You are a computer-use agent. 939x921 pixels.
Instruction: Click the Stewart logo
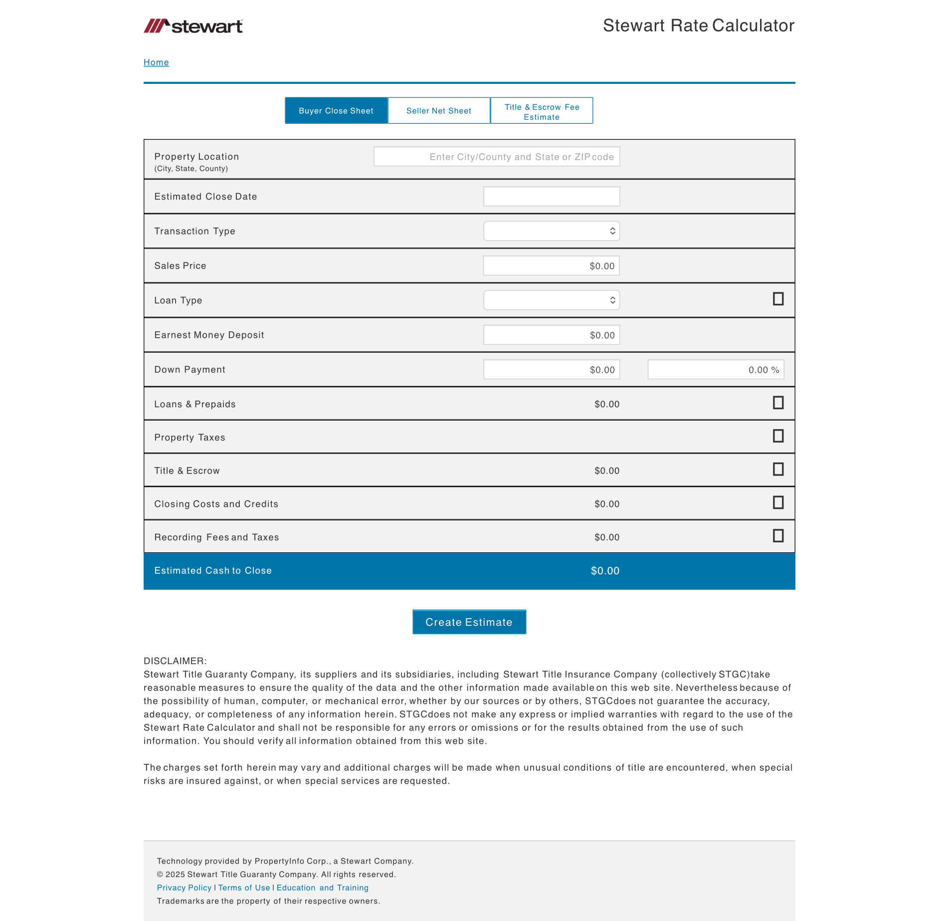[x=193, y=26]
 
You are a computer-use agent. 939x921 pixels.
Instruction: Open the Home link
[x=156, y=62]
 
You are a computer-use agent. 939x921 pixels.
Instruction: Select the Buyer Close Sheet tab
[x=336, y=111]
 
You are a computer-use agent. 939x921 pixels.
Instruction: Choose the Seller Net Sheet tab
[x=439, y=111]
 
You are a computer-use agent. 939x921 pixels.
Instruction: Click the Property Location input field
[x=497, y=157]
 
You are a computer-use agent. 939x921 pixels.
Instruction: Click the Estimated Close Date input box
[x=552, y=197]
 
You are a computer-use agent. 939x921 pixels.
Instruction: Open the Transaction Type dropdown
[x=552, y=231]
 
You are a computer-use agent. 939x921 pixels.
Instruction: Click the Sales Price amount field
[x=552, y=266]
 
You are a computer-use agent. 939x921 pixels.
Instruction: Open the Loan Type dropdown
[x=552, y=300]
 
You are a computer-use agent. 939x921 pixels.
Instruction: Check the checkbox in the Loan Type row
[x=778, y=299]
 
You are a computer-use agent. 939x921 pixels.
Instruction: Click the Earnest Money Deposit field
[x=552, y=335]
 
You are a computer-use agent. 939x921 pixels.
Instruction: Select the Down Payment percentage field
[x=716, y=370]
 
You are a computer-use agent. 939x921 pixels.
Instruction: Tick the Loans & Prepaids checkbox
[x=778, y=403]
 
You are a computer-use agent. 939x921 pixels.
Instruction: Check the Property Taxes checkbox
[x=778, y=436]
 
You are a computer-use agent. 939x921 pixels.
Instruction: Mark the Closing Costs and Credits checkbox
[x=778, y=502]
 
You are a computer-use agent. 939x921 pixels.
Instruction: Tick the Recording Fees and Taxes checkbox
[x=778, y=536]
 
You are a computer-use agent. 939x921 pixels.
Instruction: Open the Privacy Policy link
[x=184, y=888]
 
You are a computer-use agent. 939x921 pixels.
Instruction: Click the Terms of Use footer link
[x=244, y=888]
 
